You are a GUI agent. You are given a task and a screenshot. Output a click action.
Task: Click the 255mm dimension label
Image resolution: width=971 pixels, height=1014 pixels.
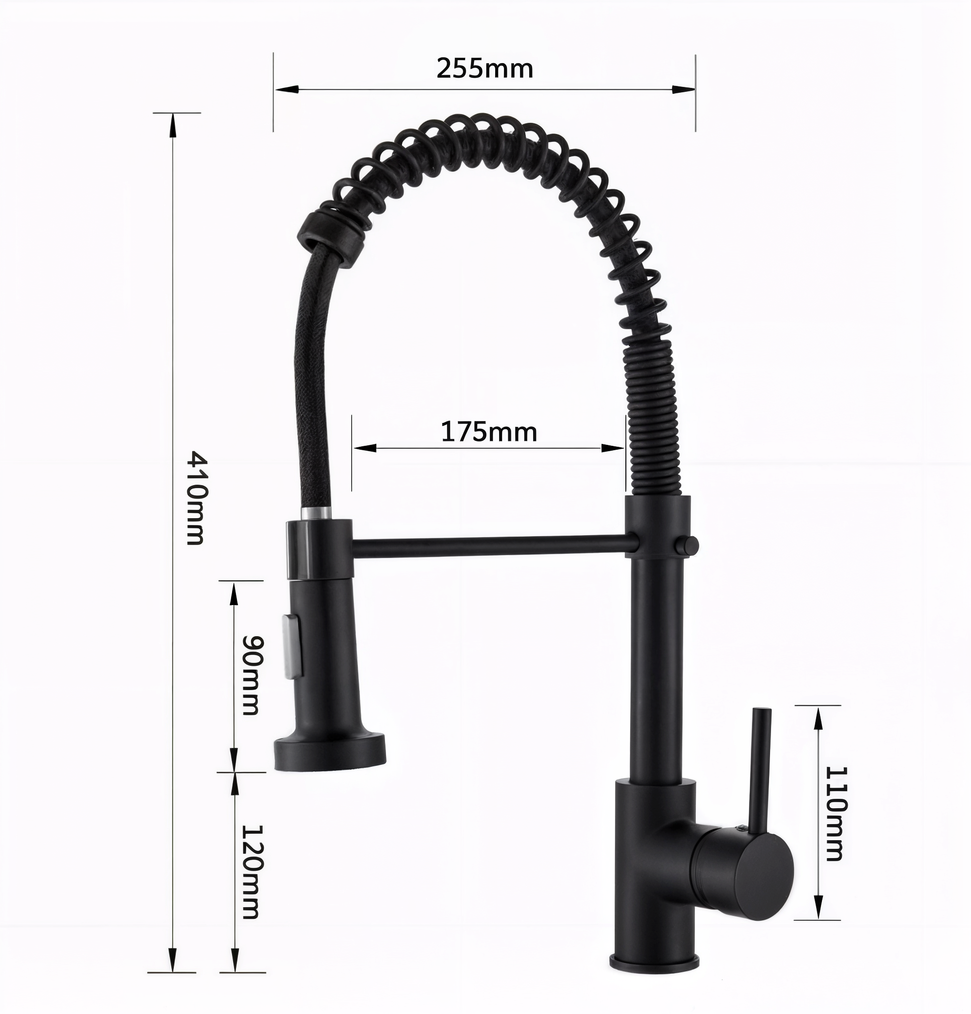485,69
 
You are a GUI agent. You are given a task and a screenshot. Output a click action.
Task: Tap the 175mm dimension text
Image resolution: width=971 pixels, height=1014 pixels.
489,432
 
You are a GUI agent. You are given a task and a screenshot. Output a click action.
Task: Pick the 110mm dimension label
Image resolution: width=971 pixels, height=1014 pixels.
834,820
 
